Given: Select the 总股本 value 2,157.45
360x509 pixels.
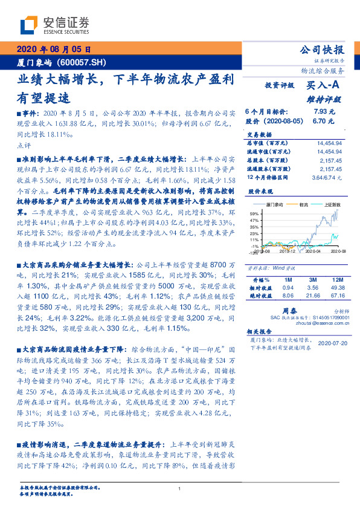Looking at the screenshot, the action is pyautogui.click(x=330, y=161).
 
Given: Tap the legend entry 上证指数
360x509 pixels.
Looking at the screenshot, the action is pyautogui.click(x=334, y=204).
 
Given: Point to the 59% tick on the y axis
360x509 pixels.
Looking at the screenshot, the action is pyautogui.click(x=254, y=214).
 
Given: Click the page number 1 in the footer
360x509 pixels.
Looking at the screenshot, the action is pyautogui.click(x=180, y=488).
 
